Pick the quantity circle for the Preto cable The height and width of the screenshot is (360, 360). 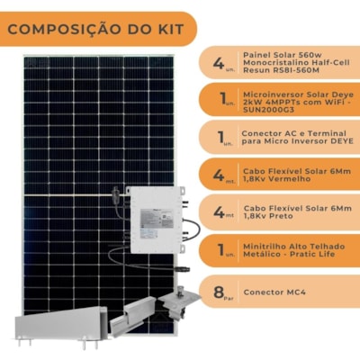[219, 213]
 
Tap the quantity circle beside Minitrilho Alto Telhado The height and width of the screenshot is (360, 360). [219, 251]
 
